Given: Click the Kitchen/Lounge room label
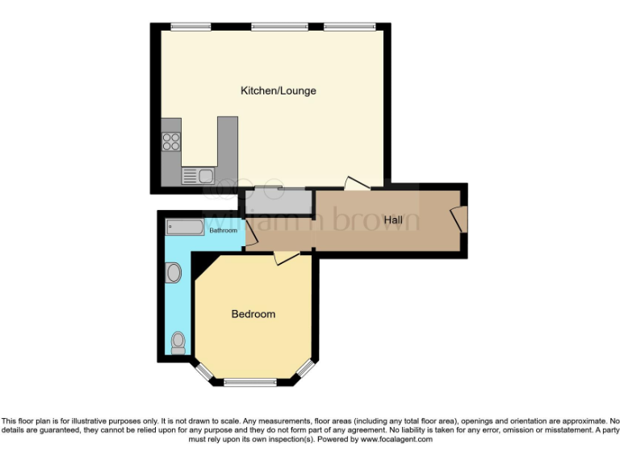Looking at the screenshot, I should pos(279,90).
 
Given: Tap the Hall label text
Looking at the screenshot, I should pos(393,220).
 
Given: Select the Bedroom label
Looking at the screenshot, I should pos(253,314).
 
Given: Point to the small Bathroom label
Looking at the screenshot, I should pos(223,231).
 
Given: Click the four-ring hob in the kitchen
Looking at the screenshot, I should pos(171,141).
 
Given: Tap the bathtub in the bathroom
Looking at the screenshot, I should pos(186,226).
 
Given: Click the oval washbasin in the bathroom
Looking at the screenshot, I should pos(173,274).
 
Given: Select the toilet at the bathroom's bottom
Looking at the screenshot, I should pos(178,343).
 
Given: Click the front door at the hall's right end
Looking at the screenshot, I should pos(459,219).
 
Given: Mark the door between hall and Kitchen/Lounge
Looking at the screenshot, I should pos(356,184).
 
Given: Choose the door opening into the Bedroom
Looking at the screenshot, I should pos(286,257).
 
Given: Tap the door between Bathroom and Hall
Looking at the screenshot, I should pos(250,235).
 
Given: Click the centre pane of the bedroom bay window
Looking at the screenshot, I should pos(249,381).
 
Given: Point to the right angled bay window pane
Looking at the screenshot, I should pos(304,369).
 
